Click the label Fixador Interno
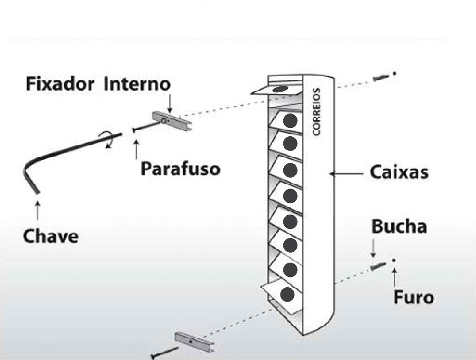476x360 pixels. coord(97,84)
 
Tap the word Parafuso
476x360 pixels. coord(180,169)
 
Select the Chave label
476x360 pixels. coord(50,236)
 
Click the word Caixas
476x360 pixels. coord(399,172)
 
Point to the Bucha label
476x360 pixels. coord(399,227)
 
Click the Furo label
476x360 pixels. coord(413,297)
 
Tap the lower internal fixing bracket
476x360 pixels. coord(195,341)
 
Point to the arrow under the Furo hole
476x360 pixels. coord(394,275)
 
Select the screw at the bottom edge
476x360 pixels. coord(164,353)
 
